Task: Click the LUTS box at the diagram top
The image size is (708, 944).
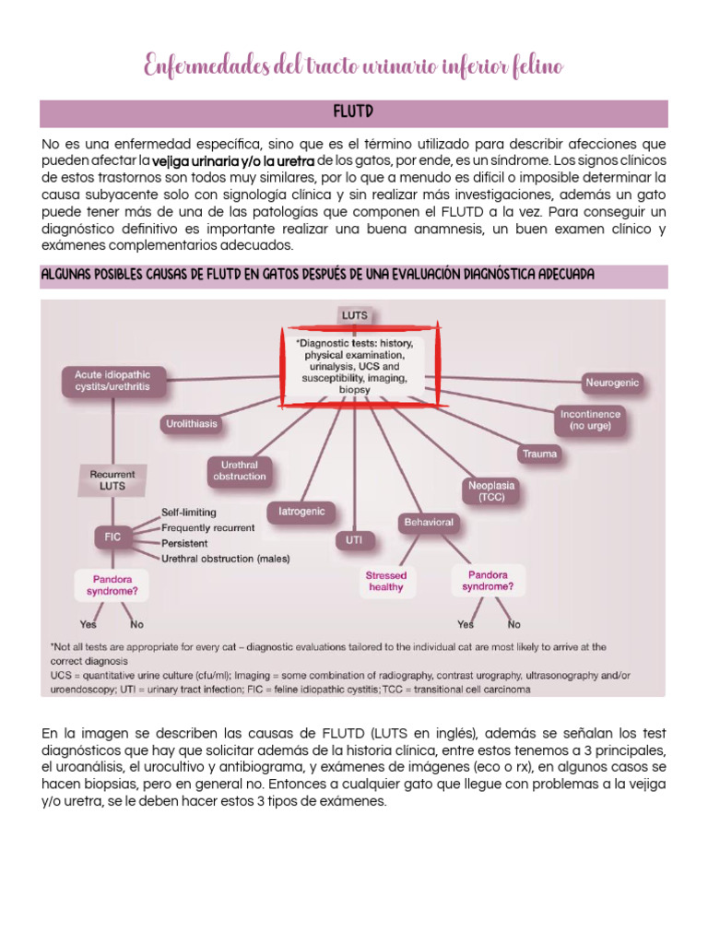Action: [354, 315]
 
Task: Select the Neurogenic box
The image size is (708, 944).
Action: [612, 383]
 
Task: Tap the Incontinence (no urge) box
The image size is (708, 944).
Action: [590, 420]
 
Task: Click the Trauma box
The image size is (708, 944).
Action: [539, 454]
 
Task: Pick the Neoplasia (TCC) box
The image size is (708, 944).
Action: [490, 490]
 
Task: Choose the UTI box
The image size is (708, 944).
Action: [354, 540]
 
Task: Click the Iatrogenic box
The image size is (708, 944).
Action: [301, 510]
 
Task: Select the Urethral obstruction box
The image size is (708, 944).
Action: [240, 471]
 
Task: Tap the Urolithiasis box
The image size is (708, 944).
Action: [191, 424]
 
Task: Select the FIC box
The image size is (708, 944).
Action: [112, 535]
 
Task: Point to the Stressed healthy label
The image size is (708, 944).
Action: [386, 581]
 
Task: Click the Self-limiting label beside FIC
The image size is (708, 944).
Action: [189, 512]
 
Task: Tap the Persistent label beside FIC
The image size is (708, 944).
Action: [185, 543]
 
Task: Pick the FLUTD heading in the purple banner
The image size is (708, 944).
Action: [353, 112]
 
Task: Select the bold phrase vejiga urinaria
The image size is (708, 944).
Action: [189, 160]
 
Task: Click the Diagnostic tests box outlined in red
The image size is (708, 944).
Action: [354, 365]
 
